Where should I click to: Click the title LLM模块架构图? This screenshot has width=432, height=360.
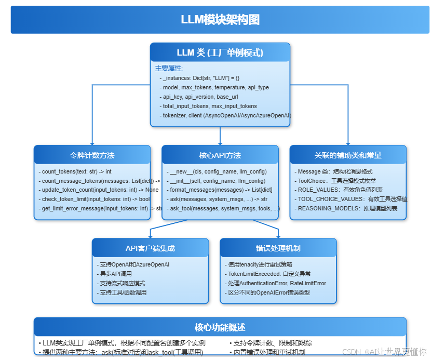(220, 20)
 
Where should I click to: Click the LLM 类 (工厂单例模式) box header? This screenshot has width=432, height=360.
(220, 52)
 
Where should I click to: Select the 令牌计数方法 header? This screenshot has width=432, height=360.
(92, 155)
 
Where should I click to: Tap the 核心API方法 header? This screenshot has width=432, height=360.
(220, 155)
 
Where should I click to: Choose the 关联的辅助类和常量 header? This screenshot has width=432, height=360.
(348, 155)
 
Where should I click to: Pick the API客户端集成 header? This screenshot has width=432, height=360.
(150, 248)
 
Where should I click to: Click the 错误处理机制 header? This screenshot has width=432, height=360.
(278, 248)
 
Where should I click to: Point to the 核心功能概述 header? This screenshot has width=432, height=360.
(220, 327)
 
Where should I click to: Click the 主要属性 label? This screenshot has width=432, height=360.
(169, 68)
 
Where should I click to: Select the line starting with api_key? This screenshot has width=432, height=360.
(199, 97)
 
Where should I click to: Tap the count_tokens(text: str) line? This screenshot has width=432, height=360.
(77, 171)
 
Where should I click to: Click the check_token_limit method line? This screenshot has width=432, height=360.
(96, 199)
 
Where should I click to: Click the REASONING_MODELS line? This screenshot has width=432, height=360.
(346, 208)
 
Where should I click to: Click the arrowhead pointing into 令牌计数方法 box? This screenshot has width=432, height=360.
(92, 143)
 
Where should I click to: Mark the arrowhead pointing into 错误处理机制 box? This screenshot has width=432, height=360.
(278, 236)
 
